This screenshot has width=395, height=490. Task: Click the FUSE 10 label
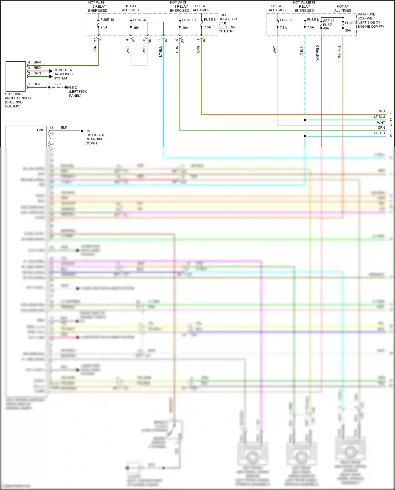[x=107, y=20]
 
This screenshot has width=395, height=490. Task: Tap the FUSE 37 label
[x=140, y=20]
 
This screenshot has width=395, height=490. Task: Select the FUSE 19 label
[x=189, y=20]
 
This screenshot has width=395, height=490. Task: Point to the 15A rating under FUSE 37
[x=136, y=28]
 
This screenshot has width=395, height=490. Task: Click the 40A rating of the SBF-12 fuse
[x=326, y=28]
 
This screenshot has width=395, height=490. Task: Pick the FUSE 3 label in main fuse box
[x=286, y=20]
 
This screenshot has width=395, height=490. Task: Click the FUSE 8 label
[x=313, y=20]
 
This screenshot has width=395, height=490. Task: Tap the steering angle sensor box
[x=16, y=76]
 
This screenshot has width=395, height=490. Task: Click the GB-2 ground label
[x=73, y=87]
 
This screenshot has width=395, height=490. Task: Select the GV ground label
[x=88, y=131]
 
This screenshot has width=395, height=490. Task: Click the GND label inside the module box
[x=41, y=130]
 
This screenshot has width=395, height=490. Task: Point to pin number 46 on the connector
[x=52, y=128]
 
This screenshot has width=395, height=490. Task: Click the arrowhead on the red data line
[x=51, y=71]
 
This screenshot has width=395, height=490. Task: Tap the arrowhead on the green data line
[x=51, y=77]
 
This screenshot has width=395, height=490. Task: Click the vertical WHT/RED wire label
[x=318, y=53]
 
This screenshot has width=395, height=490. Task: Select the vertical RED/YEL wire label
[x=339, y=52]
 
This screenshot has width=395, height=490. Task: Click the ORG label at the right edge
[x=381, y=111]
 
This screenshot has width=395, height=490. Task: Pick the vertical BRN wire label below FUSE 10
[x=95, y=49]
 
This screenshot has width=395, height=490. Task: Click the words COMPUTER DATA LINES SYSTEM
[x=63, y=74]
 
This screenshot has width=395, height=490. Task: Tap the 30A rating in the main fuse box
[x=348, y=31]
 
